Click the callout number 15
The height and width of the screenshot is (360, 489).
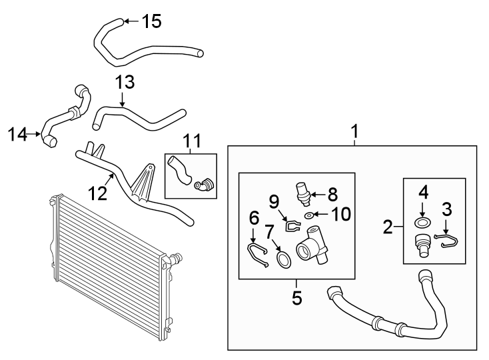(152, 21)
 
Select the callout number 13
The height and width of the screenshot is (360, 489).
(125, 82)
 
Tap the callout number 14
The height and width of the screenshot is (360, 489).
(17, 135)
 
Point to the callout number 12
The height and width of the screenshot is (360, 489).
(97, 193)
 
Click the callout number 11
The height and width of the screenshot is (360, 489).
(192, 141)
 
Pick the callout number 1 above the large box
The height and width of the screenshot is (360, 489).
(355, 132)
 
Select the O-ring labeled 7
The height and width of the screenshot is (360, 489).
(282, 258)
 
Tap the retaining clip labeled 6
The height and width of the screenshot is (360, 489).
(256, 253)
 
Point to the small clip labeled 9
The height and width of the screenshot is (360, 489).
(290, 225)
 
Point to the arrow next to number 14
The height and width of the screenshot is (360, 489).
(37, 135)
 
